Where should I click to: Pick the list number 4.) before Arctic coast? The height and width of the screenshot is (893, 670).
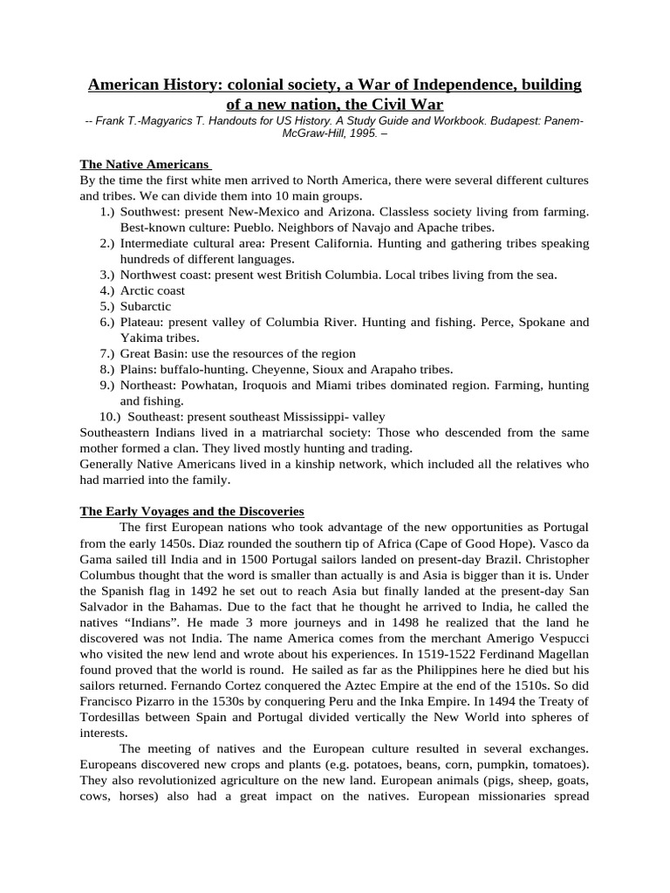tap(107, 290)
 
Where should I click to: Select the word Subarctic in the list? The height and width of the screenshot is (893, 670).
tap(146, 306)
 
